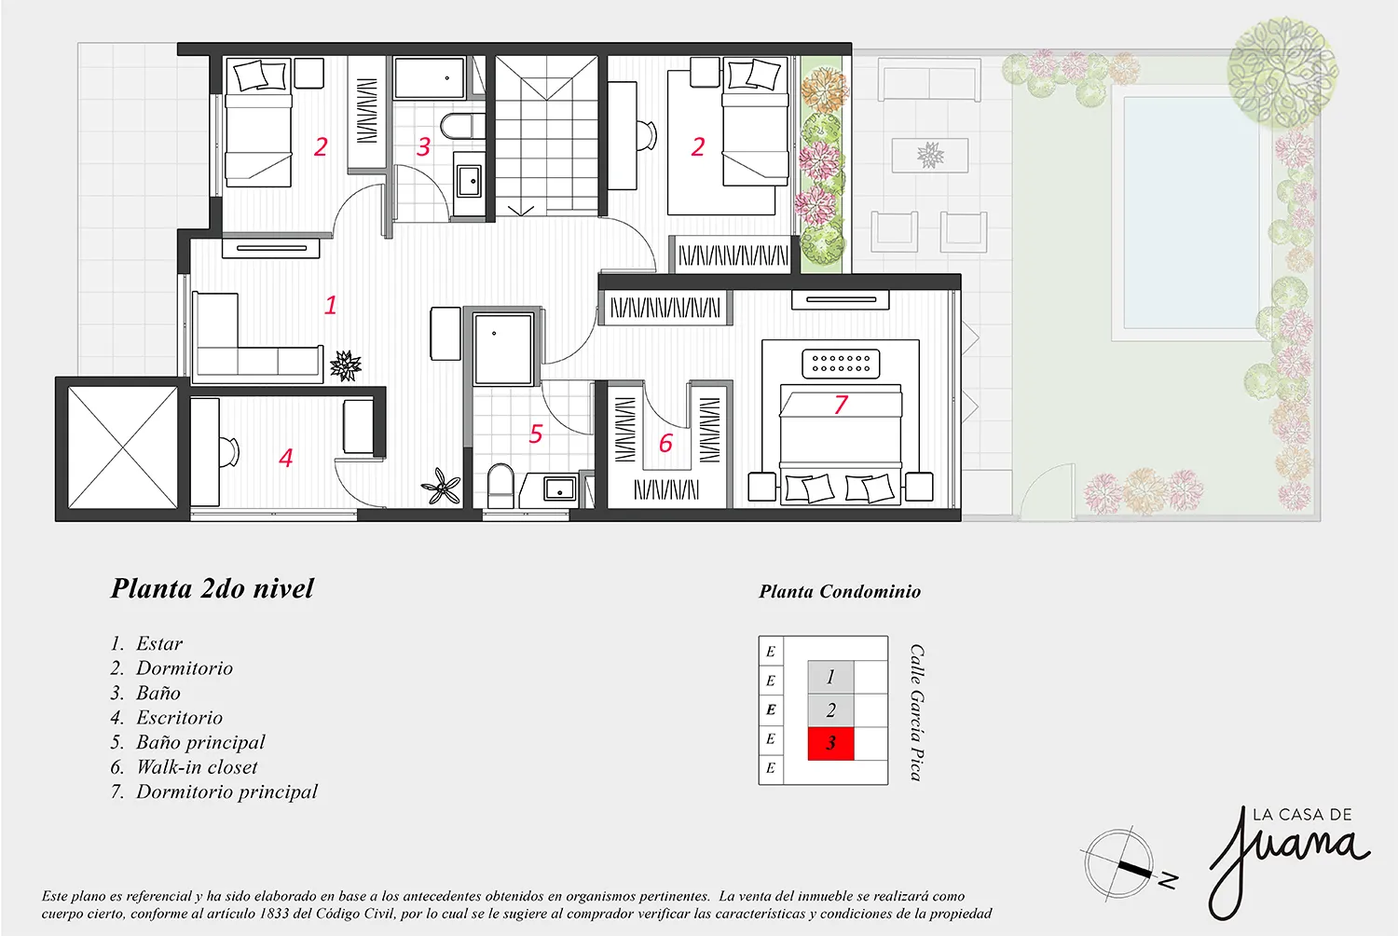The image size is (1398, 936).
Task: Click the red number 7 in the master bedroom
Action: click(841, 405)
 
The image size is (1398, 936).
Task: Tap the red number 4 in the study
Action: click(286, 458)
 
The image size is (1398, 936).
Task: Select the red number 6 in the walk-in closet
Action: click(665, 444)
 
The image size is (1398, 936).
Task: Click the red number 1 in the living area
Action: click(330, 305)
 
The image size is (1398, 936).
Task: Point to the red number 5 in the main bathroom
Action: click(536, 434)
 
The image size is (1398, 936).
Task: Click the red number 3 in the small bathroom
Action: click(423, 147)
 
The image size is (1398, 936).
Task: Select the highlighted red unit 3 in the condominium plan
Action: click(830, 744)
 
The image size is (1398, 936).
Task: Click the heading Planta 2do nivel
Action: click(212, 588)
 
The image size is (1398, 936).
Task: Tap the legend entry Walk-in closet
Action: click(197, 767)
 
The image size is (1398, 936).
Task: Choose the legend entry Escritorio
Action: click(179, 718)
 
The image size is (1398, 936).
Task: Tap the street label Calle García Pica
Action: click(917, 712)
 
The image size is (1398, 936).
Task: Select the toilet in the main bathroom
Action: click(500, 486)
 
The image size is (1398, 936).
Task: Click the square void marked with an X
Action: click(122, 447)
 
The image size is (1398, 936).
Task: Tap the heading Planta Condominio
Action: click(839, 591)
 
